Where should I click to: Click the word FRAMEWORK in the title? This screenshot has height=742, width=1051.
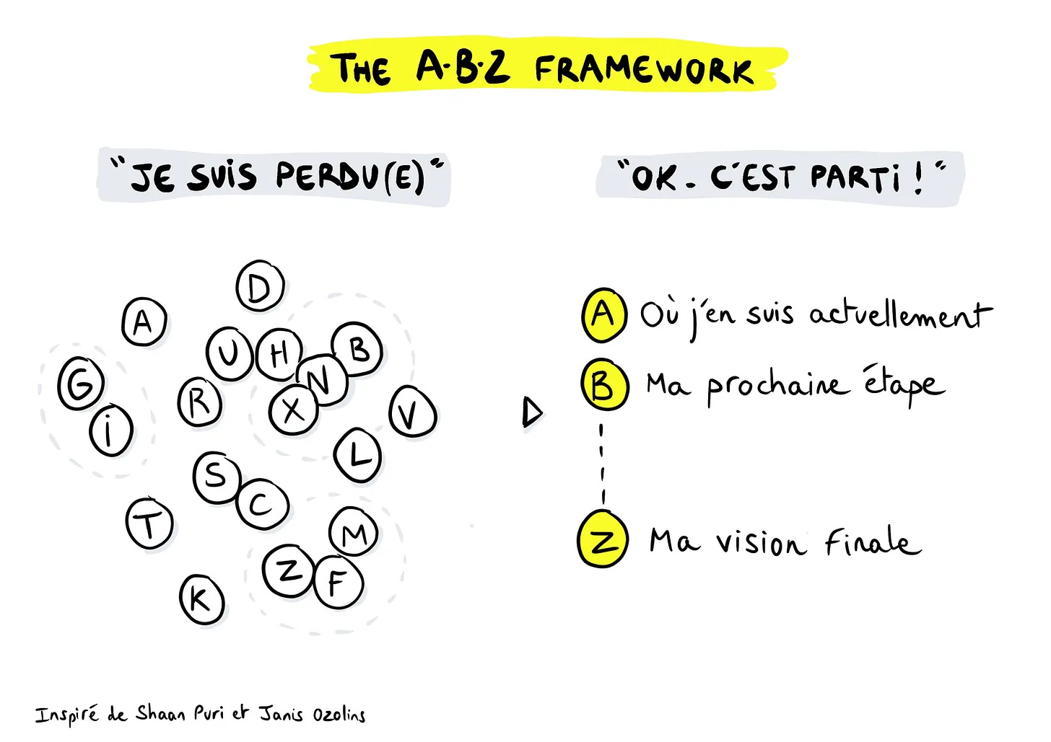click(x=644, y=70)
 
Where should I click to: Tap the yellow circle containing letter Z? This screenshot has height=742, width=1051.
click(x=603, y=540)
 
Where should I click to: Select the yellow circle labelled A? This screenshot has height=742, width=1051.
click(x=603, y=314)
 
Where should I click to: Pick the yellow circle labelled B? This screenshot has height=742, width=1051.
click(x=604, y=385)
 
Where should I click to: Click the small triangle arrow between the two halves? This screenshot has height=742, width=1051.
click(x=532, y=412)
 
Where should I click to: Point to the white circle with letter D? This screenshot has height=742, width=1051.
click(x=260, y=287)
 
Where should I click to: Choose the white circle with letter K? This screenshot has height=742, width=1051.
click(x=201, y=599)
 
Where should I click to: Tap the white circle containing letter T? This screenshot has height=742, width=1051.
click(x=149, y=523)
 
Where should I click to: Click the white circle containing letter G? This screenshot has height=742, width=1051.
click(x=81, y=384)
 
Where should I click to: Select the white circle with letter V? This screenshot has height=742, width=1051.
click(x=412, y=413)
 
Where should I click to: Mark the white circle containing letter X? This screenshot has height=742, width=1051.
click(x=293, y=410)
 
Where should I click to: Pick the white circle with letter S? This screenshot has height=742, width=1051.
click(x=216, y=477)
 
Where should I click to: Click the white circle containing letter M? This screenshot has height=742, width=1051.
click(x=353, y=533)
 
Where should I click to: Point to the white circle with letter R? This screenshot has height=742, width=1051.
click(x=200, y=402)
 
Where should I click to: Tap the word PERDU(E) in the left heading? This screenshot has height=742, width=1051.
click(x=350, y=177)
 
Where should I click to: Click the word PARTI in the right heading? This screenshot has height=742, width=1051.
click(x=855, y=177)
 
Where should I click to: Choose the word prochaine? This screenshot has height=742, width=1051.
click(x=775, y=386)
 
